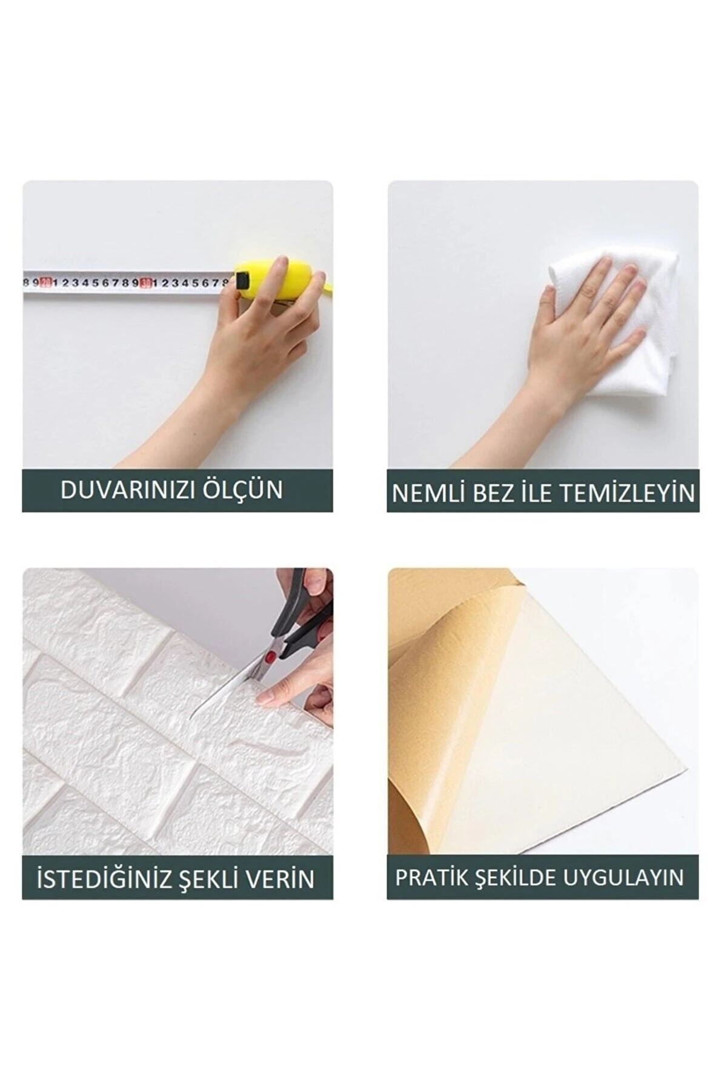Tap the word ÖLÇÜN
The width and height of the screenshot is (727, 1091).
[245, 490]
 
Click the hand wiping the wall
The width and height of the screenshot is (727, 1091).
[582, 327]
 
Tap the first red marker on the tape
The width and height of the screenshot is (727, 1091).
[45, 282]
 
